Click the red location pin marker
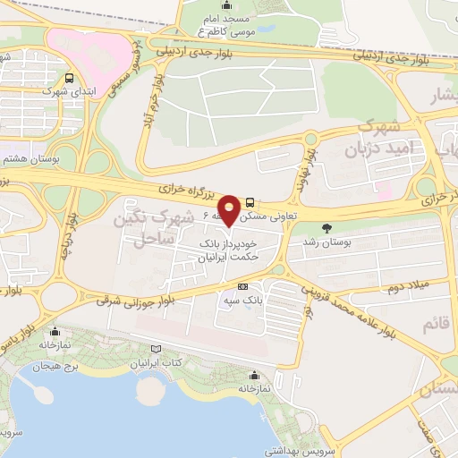[229, 209]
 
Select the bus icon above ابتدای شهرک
[69, 78]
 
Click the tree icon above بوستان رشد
[326, 227]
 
